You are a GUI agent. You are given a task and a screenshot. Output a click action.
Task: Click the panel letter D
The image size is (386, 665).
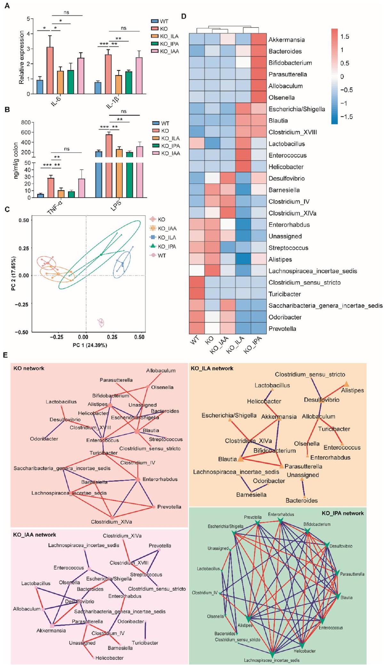(184, 16)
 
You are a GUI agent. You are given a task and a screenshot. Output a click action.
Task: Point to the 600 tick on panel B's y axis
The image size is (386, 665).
(26, 132)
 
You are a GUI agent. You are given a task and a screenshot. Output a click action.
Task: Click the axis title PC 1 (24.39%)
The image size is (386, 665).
(90, 345)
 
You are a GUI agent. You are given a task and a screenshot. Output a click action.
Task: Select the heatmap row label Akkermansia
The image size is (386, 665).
(286, 40)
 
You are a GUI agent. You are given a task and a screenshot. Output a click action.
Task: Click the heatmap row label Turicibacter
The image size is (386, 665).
(285, 294)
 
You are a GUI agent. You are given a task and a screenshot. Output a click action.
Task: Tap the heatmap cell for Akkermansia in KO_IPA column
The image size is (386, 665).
(259, 39)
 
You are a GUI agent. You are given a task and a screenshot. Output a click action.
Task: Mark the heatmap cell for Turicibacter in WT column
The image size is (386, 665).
(197, 294)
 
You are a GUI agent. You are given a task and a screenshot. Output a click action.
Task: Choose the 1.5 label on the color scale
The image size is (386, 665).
(345, 36)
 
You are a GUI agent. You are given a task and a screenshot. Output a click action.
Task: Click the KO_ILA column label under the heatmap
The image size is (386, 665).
(235, 345)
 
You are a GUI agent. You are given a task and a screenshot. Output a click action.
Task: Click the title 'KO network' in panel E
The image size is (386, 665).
(29, 368)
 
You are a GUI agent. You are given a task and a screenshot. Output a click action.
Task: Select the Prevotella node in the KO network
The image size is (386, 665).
(154, 507)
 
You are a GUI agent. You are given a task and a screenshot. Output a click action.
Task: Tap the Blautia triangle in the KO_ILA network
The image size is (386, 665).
(240, 459)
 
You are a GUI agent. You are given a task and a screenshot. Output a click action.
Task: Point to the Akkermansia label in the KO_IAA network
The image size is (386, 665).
(51, 630)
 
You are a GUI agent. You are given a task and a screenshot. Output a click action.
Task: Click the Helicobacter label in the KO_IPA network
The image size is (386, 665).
(305, 651)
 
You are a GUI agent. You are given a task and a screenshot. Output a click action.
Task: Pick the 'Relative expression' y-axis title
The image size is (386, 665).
(21, 57)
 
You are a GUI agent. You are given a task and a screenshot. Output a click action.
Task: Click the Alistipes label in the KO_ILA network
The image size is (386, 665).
(352, 390)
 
